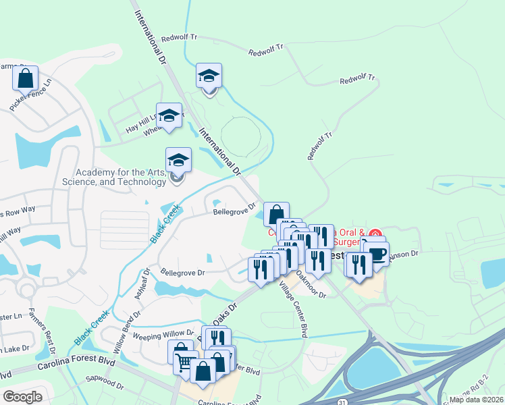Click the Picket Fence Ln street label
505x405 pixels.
31,97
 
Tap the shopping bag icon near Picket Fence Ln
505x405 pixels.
25,79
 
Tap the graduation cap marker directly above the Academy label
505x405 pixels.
178,160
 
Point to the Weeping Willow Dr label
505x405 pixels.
163,335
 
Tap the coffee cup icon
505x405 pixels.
378,253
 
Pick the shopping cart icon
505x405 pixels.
186,362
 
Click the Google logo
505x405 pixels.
22,397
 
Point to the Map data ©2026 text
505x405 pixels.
477,400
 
